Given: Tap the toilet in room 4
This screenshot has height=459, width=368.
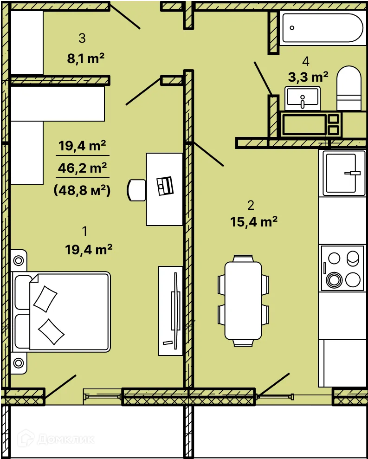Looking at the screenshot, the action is pyautogui.click(x=349, y=88).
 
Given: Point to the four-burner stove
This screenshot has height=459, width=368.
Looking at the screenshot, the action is pyautogui.click(x=342, y=268).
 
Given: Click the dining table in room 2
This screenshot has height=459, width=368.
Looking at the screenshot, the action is pyautogui.click(x=243, y=301).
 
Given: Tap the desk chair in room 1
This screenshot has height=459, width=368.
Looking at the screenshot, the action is pyautogui.click(x=136, y=190).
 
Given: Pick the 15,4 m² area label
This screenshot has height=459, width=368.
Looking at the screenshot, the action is pyautogui.click(x=253, y=222).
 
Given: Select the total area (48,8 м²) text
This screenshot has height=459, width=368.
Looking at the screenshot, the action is pyautogui.click(x=82, y=191).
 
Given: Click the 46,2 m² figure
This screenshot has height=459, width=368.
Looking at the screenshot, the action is pyautogui.click(x=82, y=168).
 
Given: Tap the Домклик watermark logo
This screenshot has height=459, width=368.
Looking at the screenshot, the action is pyautogui.click(x=56, y=440).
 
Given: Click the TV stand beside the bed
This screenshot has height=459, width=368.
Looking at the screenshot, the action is pyautogui.click(x=171, y=311).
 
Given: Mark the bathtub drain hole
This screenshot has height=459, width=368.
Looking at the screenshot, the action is pyautogui.click(x=292, y=28).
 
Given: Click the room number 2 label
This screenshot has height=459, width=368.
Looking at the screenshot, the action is pyautogui.click(x=251, y=206).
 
